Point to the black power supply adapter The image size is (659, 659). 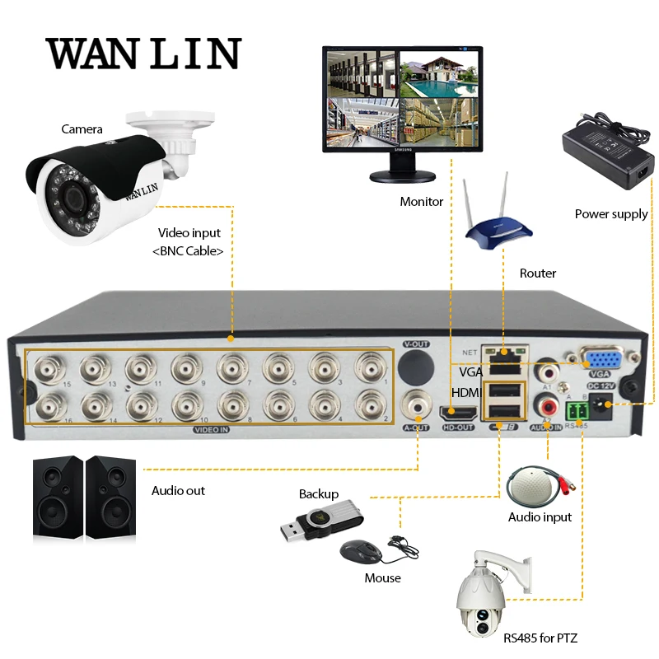click(x=605, y=148)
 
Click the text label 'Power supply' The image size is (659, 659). click(x=611, y=214)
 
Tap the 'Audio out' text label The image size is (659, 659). click(x=178, y=491)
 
